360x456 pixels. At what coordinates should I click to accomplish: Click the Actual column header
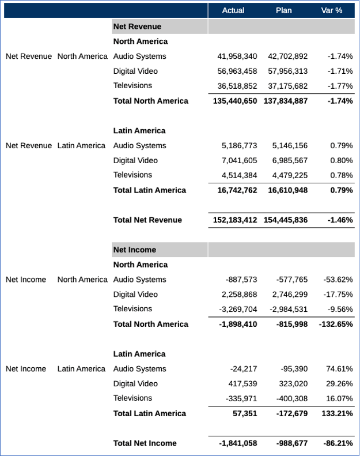point(233,10)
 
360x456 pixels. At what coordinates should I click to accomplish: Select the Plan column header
point(283,10)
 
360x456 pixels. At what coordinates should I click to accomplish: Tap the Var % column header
point(332,10)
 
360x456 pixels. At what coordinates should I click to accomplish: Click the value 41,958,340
point(237,56)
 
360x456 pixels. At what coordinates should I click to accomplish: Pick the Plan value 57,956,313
point(288,71)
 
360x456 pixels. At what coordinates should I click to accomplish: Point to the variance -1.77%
point(340,86)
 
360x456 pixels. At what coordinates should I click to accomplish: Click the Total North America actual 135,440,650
point(234,101)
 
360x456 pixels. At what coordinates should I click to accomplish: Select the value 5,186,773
point(240,146)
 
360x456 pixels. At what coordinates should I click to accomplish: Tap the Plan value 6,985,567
point(290,161)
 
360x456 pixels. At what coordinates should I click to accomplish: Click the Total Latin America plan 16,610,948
point(288,190)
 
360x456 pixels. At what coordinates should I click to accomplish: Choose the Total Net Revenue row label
point(147,220)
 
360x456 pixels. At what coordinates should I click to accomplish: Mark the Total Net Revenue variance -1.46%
point(339,220)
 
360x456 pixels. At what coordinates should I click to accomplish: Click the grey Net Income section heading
point(135,250)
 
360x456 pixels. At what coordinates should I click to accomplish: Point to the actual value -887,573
point(241,280)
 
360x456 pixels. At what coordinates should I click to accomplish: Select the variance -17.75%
point(338,295)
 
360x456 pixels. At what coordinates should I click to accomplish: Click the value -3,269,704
point(238,309)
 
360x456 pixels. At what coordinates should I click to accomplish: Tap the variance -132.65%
point(336,324)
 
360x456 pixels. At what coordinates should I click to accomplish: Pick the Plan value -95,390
point(294,369)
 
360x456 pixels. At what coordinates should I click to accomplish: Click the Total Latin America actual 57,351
point(245,413)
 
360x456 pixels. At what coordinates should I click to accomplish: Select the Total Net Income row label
point(145,443)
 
